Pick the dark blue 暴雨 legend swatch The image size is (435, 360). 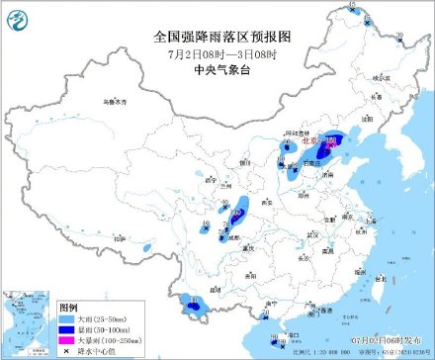click(x=70, y=330)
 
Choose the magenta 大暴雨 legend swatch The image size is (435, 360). click(x=70, y=341)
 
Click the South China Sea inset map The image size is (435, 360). click(x=27, y=322)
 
